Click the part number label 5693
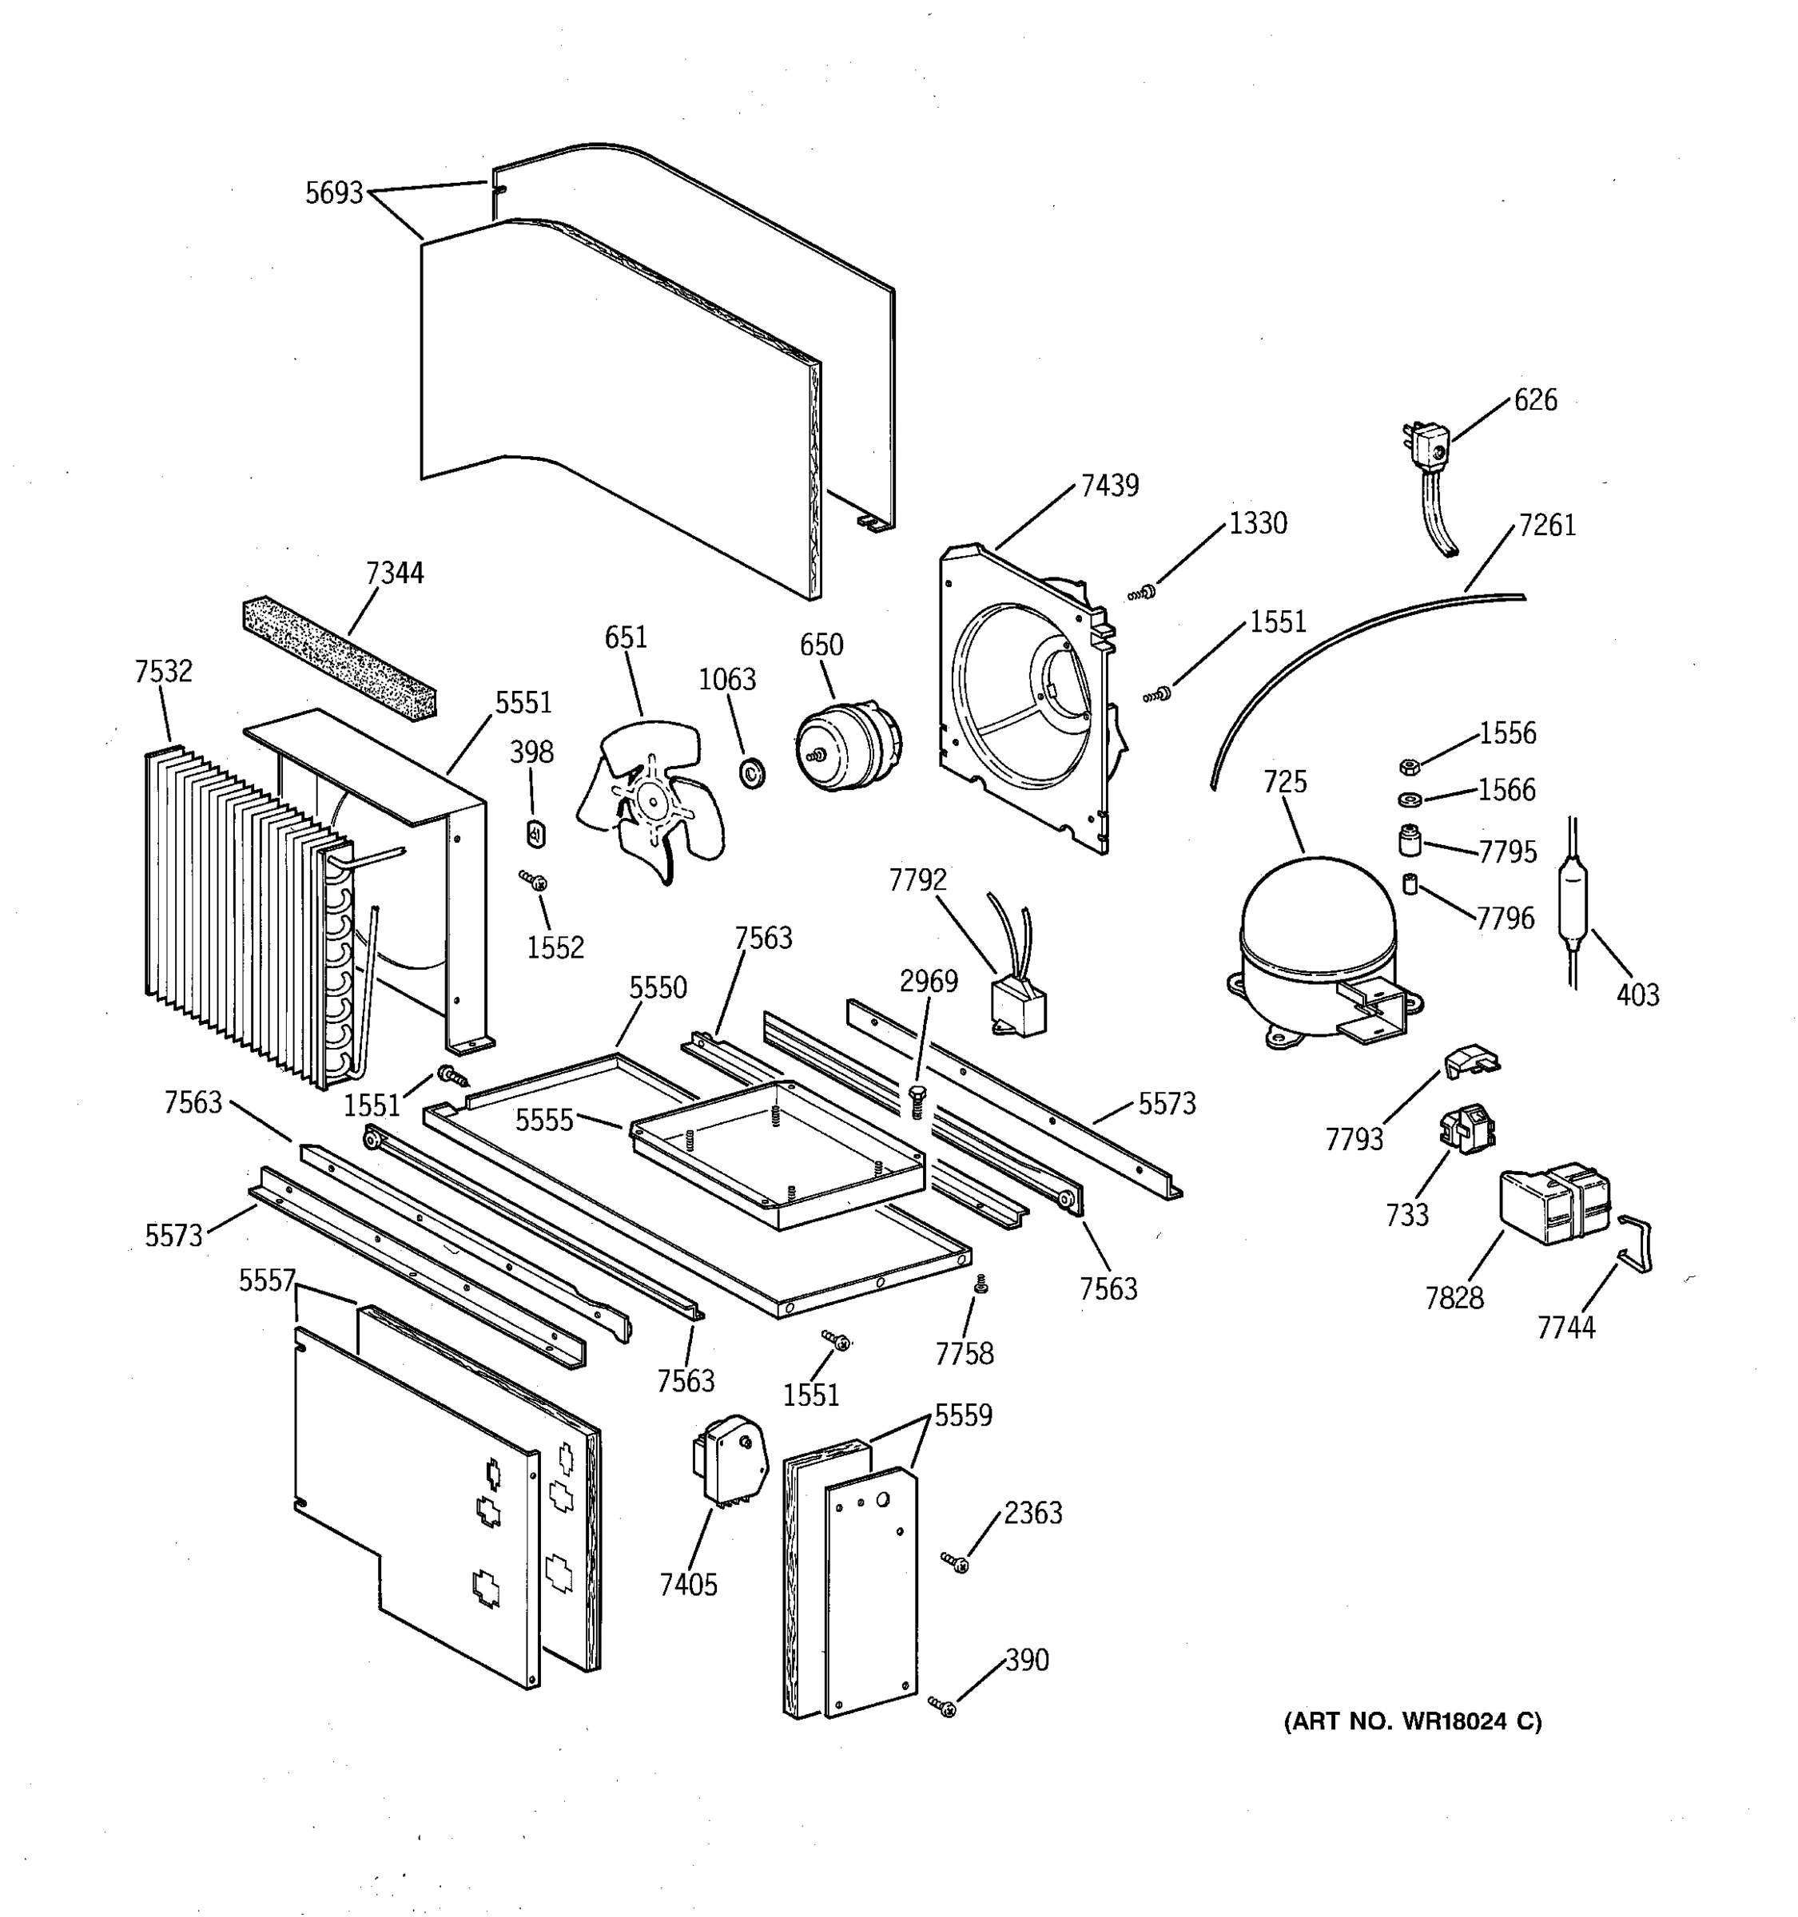point(334,194)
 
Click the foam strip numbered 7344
point(337,654)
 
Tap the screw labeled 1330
point(1143,592)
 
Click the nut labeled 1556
point(1408,767)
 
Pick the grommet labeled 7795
point(1410,840)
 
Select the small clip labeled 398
point(536,832)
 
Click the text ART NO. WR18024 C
point(1412,1721)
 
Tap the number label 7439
point(1109,485)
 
